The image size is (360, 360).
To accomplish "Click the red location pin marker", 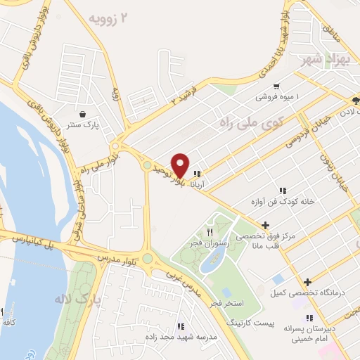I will point(180,165).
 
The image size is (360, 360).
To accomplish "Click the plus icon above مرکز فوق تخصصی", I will point(264,225).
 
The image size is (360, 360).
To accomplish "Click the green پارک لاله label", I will point(78,298).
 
